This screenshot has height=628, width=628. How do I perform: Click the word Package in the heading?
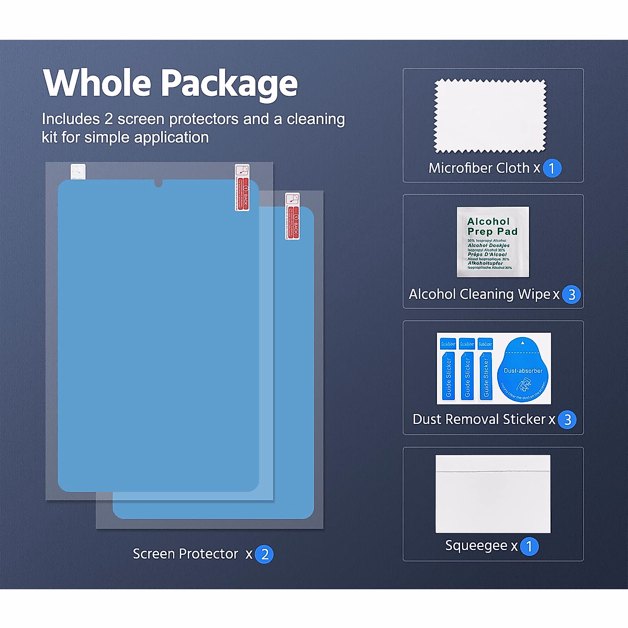click(229, 84)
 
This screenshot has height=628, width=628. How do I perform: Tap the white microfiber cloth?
click(490, 116)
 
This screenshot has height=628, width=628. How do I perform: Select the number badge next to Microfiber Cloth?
click(552, 169)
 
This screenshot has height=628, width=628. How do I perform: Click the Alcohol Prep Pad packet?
click(492, 242)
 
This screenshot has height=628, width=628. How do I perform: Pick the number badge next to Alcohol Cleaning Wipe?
click(571, 295)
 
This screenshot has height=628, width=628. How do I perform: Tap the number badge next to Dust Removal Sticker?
click(567, 420)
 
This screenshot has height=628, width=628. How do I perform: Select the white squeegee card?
click(492, 494)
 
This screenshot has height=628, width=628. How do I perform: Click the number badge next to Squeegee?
click(529, 546)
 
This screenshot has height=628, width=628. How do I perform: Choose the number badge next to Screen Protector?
click(265, 554)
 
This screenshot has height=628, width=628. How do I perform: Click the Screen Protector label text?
click(185, 554)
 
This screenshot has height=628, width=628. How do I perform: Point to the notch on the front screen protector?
click(159, 183)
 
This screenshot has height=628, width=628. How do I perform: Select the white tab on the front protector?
click(78, 171)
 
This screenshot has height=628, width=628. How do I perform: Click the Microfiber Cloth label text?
click(479, 168)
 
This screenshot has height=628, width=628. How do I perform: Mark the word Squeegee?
click(476, 545)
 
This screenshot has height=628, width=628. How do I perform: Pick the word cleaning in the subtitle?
click(316, 119)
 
